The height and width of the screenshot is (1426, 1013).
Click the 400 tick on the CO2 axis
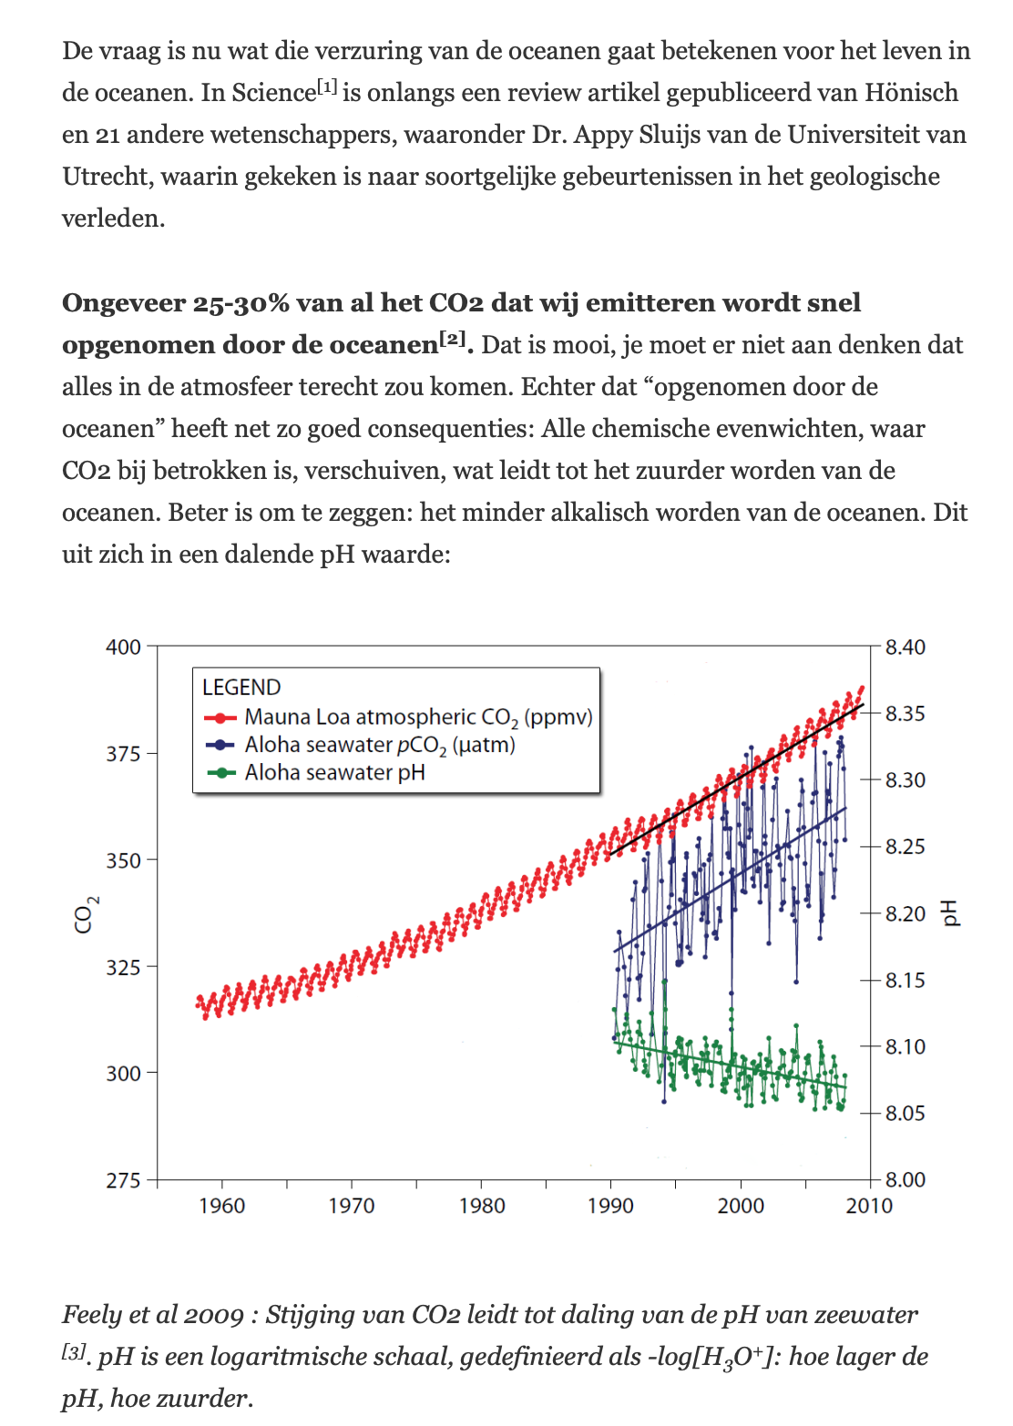124,647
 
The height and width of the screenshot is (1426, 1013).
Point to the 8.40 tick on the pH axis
904,647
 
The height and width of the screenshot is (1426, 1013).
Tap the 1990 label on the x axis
610,1206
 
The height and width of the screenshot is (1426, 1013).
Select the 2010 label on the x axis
869,1206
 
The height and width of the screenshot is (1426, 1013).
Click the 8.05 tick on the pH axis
904,1113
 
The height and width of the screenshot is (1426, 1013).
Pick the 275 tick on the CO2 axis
124,1180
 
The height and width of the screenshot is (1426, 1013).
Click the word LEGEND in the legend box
241,688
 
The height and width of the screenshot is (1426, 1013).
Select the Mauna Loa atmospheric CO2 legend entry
417,718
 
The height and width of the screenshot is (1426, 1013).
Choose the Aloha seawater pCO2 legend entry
379,745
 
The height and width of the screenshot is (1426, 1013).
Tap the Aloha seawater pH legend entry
334,773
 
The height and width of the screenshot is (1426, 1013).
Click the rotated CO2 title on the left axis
86,914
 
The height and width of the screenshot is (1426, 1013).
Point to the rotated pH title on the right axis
950,912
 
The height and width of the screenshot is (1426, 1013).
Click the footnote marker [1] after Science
327,87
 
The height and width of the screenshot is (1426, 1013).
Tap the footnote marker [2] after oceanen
453,339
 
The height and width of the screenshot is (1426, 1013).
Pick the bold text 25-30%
240,303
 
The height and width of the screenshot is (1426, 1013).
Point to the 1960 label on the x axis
222,1206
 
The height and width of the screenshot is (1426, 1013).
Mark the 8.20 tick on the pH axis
904,913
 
